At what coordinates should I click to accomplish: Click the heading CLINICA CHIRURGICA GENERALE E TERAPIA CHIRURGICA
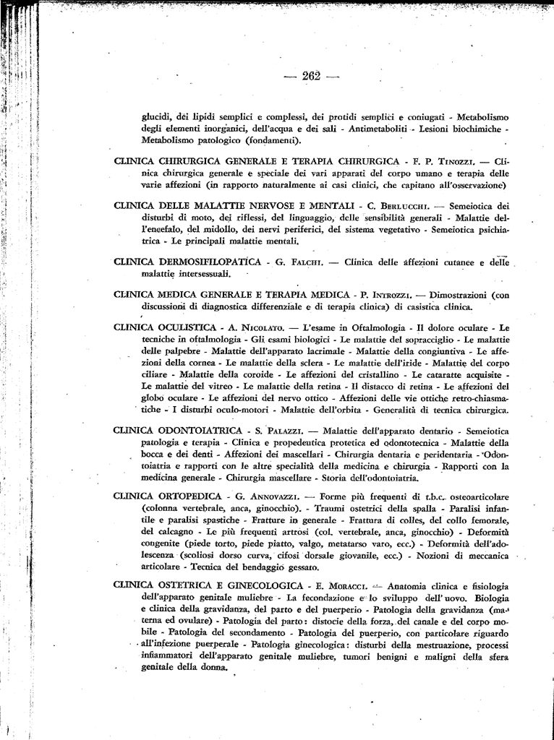[x=257, y=161]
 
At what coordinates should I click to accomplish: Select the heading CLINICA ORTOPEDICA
[x=167, y=496]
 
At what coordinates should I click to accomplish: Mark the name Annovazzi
[x=267, y=497]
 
